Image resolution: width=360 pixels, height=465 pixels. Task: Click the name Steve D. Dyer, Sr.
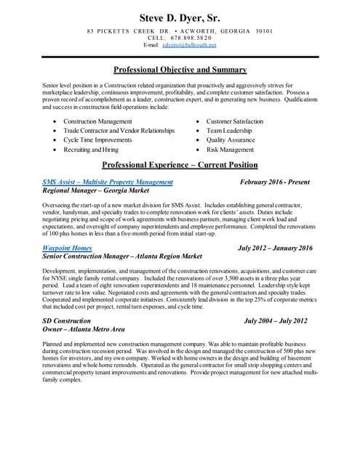(x=180, y=17)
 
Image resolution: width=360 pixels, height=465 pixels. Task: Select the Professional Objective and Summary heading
(x=180, y=70)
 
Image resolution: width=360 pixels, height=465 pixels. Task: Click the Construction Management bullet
(x=97, y=121)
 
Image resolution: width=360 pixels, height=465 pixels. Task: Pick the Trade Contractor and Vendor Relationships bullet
(x=119, y=131)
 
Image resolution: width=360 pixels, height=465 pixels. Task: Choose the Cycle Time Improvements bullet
(x=97, y=140)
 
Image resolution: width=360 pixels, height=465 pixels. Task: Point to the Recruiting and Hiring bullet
(x=90, y=150)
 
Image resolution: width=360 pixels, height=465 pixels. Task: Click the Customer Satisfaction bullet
(x=235, y=121)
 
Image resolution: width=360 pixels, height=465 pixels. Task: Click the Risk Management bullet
(x=230, y=150)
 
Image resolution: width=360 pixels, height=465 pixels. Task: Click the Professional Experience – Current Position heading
(x=180, y=165)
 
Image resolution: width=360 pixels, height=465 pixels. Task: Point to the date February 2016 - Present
(x=275, y=182)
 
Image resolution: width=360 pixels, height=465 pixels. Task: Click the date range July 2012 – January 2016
(x=275, y=248)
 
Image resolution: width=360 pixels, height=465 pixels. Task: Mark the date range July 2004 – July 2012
(x=276, y=320)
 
